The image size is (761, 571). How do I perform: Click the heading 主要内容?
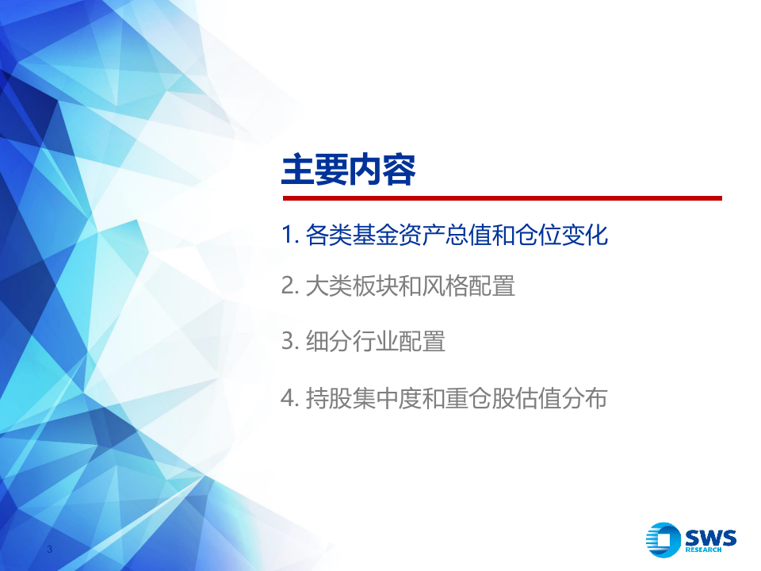[x=349, y=171]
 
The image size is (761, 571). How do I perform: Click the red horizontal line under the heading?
[x=502, y=198]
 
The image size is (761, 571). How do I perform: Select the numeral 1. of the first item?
[x=289, y=236]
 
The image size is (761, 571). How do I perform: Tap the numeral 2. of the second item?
[x=289, y=286]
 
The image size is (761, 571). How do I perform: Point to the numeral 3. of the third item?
[x=289, y=342]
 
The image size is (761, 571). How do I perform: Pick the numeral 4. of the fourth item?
[x=289, y=399]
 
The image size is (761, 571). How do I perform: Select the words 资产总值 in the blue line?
[x=446, y=236]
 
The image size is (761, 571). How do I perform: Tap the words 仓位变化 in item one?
[x=564, y=236]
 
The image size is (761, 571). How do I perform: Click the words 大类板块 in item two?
[x=349, y=286]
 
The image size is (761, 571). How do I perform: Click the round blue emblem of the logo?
[x=663, y=542]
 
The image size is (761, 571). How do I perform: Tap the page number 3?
[x=50, y=550]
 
